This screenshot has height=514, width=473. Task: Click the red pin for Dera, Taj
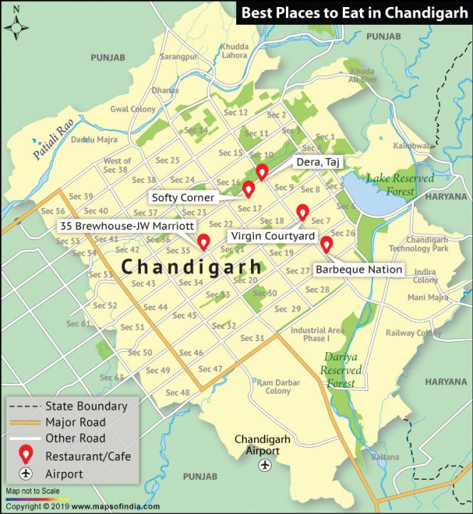click(x=262, y=172)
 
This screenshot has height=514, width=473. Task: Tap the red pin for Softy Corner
click(x=248, y=189)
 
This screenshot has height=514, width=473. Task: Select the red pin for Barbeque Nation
click(x=326, y=244)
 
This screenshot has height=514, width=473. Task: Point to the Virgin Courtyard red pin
click(x=302, y=212)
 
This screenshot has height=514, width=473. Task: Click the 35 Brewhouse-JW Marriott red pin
click(x=203, y=242)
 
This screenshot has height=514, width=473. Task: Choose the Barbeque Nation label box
click(x=358, y=270)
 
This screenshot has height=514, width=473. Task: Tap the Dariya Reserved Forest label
click(x=341, y=370)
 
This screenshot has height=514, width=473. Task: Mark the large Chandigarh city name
click(x=190, y=267)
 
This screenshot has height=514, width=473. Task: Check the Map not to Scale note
click(x=32, y=491)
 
